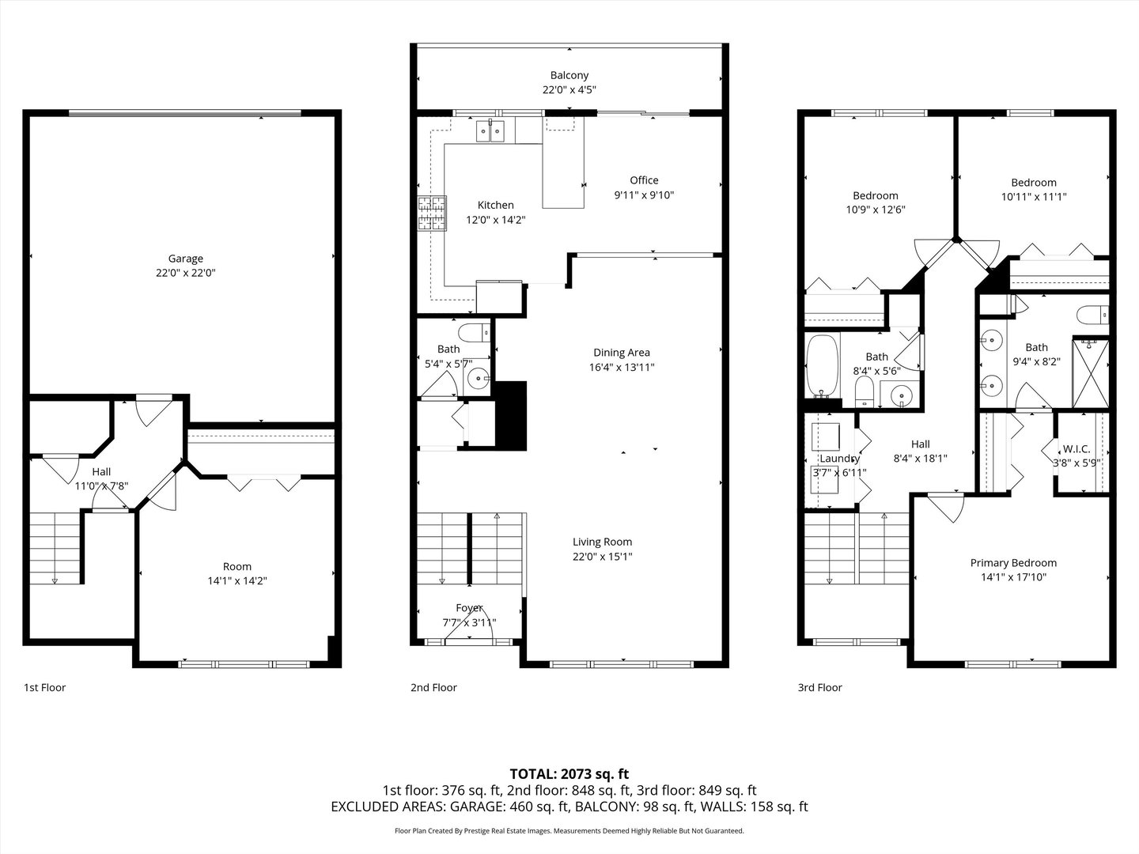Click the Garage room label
[185, 259]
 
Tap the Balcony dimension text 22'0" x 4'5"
[569, 90]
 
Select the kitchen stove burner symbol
[432, 213]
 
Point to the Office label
[644, 180]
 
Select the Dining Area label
[621, 353]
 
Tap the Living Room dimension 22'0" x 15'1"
[602, 557]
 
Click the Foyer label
[469, 608]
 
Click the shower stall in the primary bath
[1090, 372]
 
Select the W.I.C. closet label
[1076, 448]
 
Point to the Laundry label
[839, 459]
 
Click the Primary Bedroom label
[1013, 563]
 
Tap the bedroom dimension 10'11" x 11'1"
[1033, 197]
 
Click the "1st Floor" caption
[44, 687]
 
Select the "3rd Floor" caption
[819, 687]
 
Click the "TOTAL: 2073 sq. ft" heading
[569, 773]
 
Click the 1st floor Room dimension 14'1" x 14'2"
[237, 580]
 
